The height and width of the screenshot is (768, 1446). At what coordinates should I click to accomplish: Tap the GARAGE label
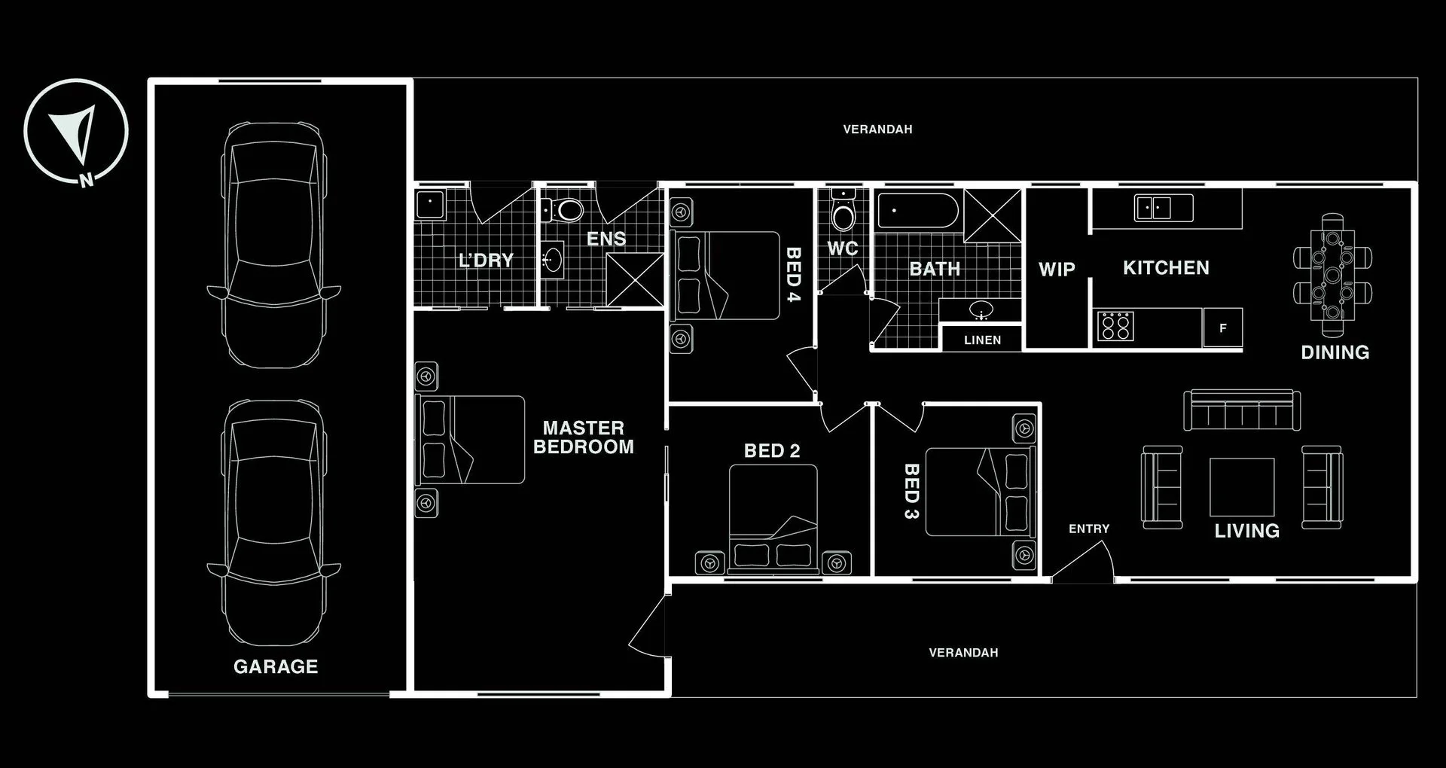point(276,666)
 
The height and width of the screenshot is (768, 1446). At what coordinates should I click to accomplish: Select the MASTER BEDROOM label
point(584,437)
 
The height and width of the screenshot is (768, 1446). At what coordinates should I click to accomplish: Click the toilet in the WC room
point(843,214)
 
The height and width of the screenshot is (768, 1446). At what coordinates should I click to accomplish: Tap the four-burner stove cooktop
point(1115,327)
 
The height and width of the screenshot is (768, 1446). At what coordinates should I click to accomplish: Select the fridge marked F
point(1222,328)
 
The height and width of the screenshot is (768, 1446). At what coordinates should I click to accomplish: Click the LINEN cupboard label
point(982,340)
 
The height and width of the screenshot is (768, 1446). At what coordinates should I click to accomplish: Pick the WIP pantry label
point(1057,270)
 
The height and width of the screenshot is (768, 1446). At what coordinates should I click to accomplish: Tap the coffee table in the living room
point(1242,486)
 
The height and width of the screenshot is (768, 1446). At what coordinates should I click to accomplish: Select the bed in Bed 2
point(773,520)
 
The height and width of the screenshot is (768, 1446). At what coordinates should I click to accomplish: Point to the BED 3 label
point(911,491)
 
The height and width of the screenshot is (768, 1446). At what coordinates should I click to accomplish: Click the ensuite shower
point(635,280)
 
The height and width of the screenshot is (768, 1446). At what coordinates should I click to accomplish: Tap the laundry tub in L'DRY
point(430,203)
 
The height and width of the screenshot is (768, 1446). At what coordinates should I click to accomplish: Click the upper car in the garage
point(274,245)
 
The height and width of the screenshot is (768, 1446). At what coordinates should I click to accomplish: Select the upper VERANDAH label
point(877,130)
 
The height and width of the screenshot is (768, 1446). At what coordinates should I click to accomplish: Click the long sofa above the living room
point(1242,410)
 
